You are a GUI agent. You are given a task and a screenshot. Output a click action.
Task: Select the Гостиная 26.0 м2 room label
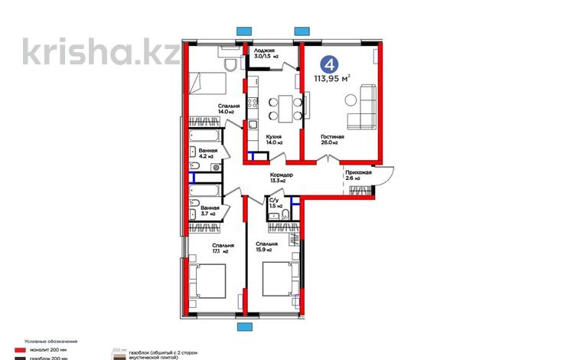coord(332,141)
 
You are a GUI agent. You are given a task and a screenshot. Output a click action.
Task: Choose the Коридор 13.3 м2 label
coord(282,178)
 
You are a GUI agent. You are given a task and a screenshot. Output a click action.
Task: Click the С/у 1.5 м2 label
coord(275,202)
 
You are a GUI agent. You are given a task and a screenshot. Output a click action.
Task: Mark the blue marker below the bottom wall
coord(245,327)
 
